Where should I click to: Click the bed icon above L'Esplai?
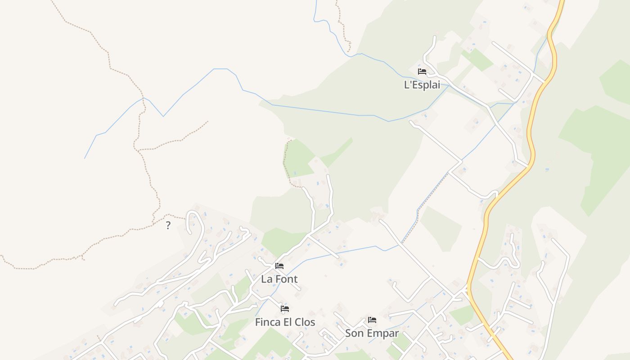[x=422, y=71]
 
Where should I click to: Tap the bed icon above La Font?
[x=279, y=266]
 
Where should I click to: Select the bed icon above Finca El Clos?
[x=285, y=309]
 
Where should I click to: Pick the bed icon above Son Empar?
[x=372, y=320]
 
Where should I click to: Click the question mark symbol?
[x=168, y=225]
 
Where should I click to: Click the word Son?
[x=354, y=333]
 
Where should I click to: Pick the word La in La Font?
[x=266, y=279]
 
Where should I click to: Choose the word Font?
[x=286, y=279]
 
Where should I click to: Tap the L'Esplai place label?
[x=422, y=85]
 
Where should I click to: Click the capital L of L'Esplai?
[x=407, y=85]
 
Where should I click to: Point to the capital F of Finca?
[x=258, y=322]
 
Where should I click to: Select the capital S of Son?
[x=348, y=333]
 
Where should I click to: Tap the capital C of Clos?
[x=298, y=322]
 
